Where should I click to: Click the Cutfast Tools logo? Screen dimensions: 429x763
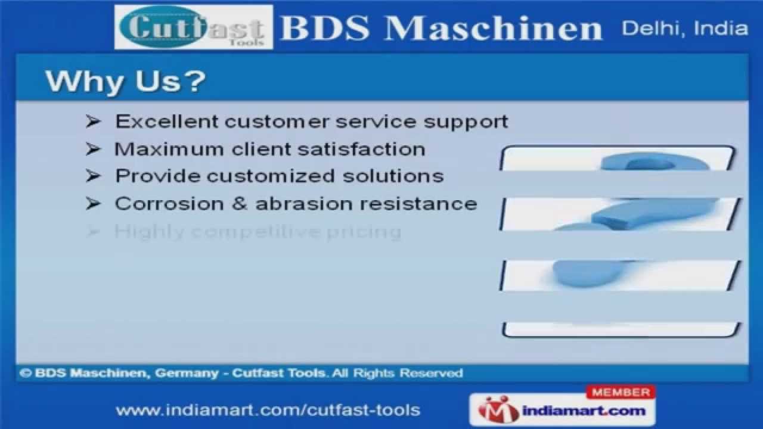(x=193, y=27)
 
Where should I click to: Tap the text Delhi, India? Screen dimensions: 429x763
(x=684, y=29)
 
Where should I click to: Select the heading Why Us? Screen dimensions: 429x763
(x=125, y=82)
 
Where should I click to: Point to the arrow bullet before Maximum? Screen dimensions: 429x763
(x=93, y=149)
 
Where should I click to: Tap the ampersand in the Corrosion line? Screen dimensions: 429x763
(x=239, y=204)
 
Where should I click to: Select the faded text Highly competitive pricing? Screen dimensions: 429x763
(x=258, y=232)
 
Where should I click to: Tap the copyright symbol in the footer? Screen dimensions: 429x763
(x=25, y=374)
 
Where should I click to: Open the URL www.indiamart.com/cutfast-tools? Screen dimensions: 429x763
(x=268, y=410)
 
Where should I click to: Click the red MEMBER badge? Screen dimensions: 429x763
(x=621, y=393)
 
